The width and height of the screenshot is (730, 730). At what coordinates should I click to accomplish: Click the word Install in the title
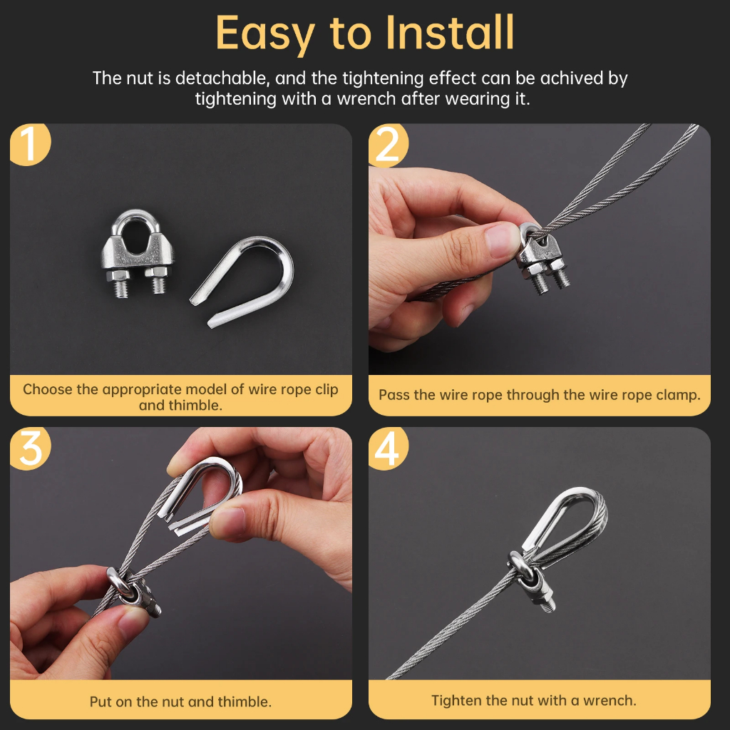450,33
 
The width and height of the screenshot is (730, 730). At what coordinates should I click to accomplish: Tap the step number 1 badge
30,144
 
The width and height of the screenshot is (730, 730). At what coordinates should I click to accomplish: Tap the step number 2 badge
389,145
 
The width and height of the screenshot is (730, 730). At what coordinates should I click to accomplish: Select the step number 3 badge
30,448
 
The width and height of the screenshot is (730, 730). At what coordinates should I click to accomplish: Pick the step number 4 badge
388,448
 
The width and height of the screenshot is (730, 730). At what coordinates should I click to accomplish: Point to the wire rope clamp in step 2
543,258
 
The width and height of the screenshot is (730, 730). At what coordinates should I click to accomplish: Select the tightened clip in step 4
530,582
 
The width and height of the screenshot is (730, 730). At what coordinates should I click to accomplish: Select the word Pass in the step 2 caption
394,395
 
